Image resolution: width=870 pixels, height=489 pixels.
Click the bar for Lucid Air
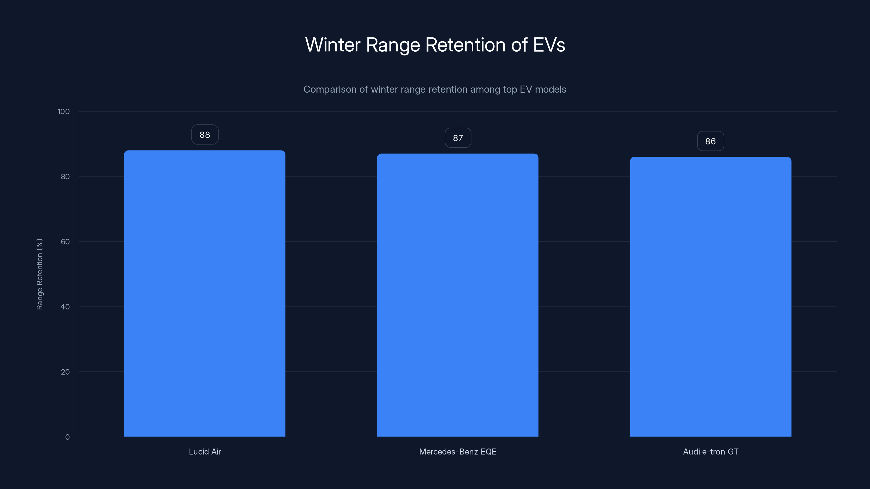click(x=205, y=293)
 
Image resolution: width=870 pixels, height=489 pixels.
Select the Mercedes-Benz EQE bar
click(x=458, y=295)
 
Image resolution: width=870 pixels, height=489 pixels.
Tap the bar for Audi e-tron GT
click(x=711, y=297)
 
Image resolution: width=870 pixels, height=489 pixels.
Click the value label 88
click(x=205, y=135)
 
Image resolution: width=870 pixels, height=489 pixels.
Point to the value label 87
click(x=458, y=138)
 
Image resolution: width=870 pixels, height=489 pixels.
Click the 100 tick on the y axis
click(x=64, y=112)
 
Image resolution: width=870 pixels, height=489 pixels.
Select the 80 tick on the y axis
click(x=65, y=177)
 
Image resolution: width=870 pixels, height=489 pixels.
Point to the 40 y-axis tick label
click(x=65, y=307)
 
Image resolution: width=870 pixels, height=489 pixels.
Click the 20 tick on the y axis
click(x=65, y=372)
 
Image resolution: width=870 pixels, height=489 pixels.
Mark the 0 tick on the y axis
click(x=67, y=437)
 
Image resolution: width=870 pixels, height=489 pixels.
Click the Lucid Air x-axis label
click(x=205, y=452)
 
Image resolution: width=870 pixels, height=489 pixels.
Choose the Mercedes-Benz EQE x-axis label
click(x=458, y=452)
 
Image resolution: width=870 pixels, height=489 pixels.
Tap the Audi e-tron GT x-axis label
click(x=711, y=452)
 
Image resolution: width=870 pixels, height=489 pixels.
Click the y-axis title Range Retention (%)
click(x=39, y=274)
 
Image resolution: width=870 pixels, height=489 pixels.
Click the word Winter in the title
click(x=333, y=45)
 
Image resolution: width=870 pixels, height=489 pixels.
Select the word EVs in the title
click(x=549, y=45)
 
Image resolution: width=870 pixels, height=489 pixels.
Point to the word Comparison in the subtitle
click(x=330, y=89)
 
